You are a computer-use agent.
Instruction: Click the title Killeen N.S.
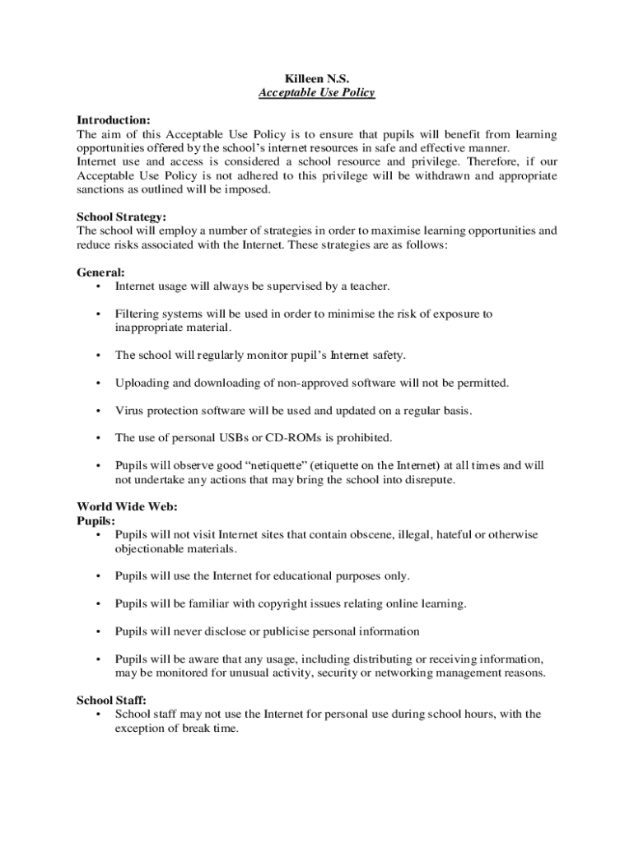pyautogui.click(x=316, y=78)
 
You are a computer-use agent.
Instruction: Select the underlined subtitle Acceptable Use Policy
pyautogui.click(x=316, y=93)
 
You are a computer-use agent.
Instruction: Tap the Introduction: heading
pyautogui.click(x=114, y=120)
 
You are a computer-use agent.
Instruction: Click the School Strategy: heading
pyautogui.click(x=122, y=217)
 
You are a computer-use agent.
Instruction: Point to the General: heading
pyautogui.click(x=101, y=272)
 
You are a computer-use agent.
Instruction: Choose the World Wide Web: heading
pyautogui.click(x=127, y=506)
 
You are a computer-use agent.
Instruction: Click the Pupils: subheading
pyautogui.click(x=96, y=520)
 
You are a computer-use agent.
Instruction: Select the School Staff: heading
pyautogui.click(x=112, y=701)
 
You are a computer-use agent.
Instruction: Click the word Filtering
pyautogui.click(x=138, y=314)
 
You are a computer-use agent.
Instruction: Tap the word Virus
pyautogui.click(x=129, y=410)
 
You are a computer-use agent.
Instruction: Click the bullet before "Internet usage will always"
pyautogui.click(x=98, y=286)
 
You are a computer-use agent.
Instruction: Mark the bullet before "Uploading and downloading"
pyautogui.click(x=98, y=383)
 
